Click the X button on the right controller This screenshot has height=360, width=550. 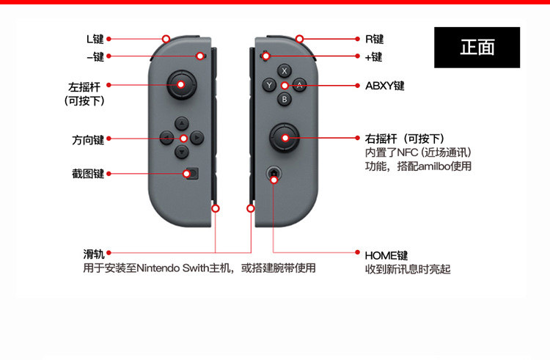(285, 71)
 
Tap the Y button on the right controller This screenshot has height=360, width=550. (270, 85)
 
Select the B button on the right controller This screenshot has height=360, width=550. (285, 99)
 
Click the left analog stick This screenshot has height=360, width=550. (181, 84)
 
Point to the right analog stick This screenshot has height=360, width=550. (284, 136)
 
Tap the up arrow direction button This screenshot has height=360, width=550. (182, 123)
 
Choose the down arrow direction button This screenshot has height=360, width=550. (182, 152)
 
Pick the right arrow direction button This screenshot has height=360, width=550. (197, 137)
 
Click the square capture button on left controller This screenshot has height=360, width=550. (191, 174)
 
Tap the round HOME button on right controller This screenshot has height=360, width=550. (274, 174)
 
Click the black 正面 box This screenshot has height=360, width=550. (477, 48)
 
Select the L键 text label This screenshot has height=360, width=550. (95, 38)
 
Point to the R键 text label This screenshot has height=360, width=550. (374, 39)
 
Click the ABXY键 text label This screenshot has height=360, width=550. (384, 86)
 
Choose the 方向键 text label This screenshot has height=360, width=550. (88, 139)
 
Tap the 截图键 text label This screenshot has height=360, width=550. (88, 174)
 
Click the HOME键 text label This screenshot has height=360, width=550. (386, 255)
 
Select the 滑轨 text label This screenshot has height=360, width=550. (93, 254)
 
